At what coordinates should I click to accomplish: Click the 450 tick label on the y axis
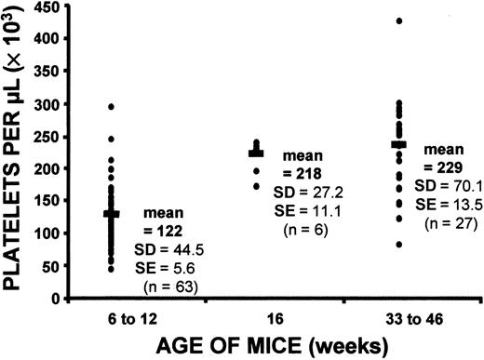click(x=46, y=8)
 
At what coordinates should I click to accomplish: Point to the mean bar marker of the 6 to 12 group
click(x=113, y=214)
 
